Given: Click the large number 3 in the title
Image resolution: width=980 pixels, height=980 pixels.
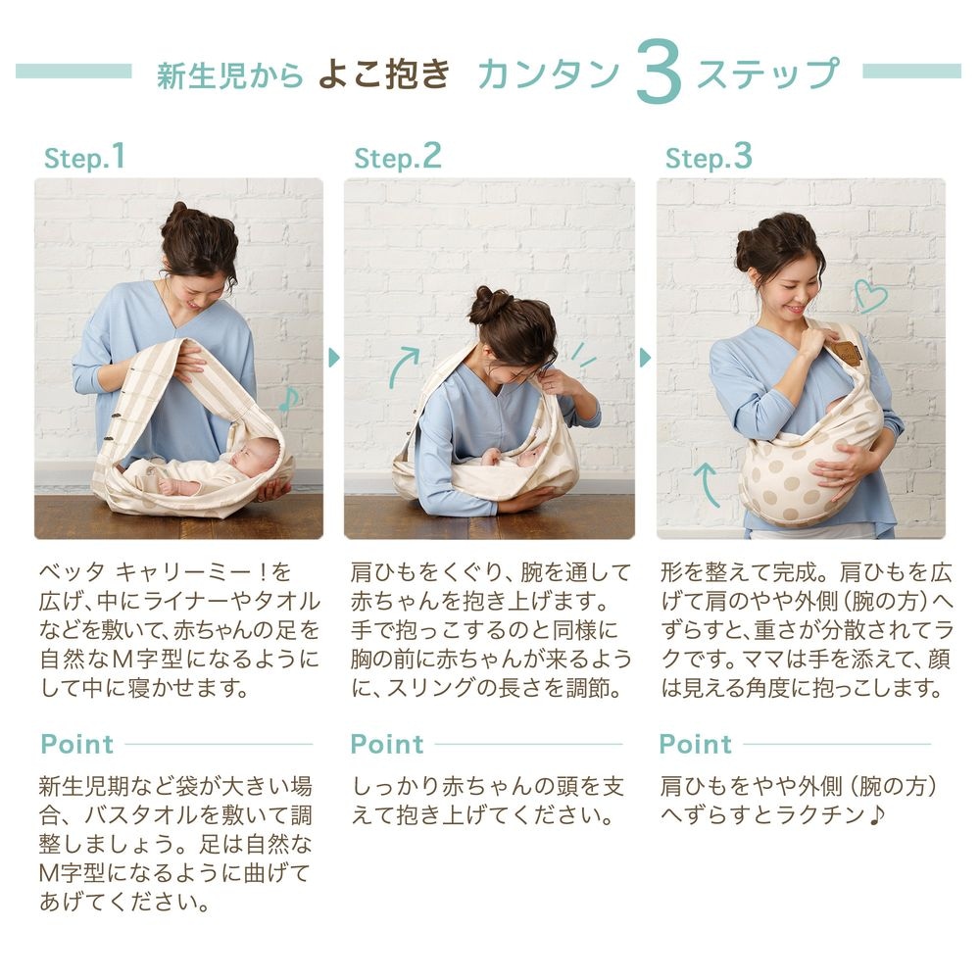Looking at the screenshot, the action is click(x=659, y=72).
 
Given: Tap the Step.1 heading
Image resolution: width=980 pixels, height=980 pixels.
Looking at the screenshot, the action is click(x=84, y=157).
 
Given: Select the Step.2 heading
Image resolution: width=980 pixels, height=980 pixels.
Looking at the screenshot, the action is click(x=398, y=157).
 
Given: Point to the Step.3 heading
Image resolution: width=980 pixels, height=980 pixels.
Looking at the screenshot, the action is click(x=709, y=157).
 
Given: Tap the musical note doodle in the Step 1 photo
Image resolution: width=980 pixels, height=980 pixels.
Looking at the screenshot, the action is click(x=289, y=400).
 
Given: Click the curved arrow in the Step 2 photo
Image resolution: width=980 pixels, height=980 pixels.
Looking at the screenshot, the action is click(x=402, y=367).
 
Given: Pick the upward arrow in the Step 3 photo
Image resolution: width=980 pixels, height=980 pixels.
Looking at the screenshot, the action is click(x=709, y=484).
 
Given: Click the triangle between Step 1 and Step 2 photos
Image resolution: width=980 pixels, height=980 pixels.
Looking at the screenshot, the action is click(x=334, y=358).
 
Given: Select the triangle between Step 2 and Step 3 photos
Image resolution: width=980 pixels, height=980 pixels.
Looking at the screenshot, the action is click(x=646, y=358).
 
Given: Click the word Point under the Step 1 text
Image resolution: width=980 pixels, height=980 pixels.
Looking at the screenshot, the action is click(x=76, y=745).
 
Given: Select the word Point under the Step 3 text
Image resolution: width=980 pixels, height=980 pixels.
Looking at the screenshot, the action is click(x=695, y=745).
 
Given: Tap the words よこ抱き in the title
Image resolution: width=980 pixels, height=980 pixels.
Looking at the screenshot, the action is click(x=384, y=73).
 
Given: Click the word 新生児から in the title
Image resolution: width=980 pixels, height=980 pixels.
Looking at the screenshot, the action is click(x=229, y=75).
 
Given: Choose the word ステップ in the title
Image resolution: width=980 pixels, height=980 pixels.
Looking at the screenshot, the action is click(x=768, y=73).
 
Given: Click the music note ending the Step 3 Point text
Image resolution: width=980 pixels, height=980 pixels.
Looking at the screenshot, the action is click(x=877, y=815).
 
